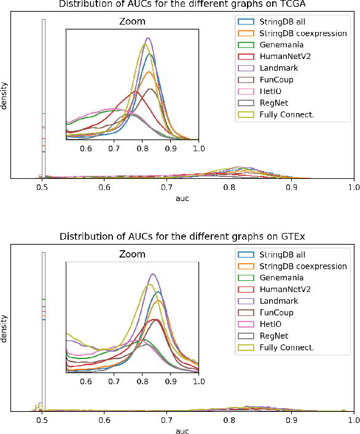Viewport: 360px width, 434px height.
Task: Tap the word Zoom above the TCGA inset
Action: (132, 22)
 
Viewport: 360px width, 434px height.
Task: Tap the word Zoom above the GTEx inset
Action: (132, 253)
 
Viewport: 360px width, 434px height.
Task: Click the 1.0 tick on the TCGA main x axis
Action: (353, 187)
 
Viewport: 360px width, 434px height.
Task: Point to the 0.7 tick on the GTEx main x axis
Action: (166, 420)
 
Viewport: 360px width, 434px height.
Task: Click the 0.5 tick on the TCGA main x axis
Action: (42, 187)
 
